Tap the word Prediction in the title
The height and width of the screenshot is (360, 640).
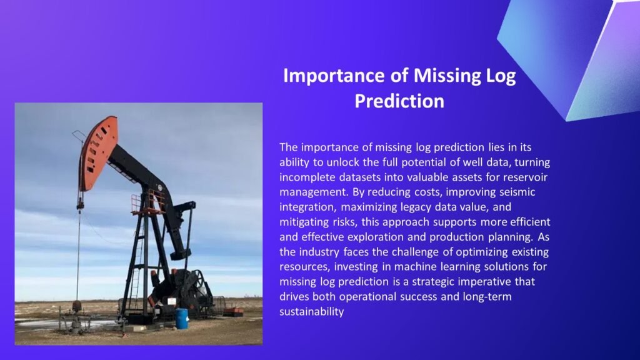pos(399,101)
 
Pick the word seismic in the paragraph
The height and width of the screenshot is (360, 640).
pos(516,192)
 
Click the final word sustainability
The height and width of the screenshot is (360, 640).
pos(312,311)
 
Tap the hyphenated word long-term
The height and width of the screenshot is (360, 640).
pos(487,297)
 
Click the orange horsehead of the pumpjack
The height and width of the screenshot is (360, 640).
pos(99,154)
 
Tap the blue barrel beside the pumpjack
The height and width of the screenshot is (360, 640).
pos(182,318)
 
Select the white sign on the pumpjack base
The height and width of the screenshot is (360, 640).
pos(172,302)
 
